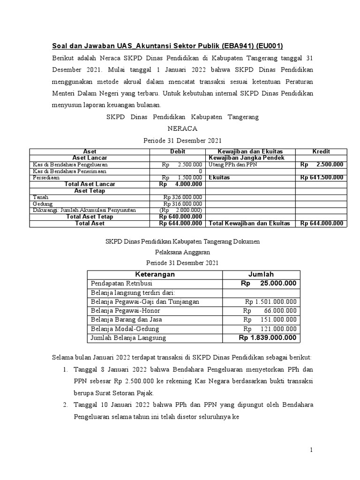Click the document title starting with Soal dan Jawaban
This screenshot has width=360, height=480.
tap(167, 46)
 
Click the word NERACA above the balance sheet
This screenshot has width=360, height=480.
tap(180, 128)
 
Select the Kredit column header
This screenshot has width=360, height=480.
tap(321, 151)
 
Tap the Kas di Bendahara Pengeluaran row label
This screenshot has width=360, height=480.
tap(70, 165)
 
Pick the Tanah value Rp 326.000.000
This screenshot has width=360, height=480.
tap(183, 197)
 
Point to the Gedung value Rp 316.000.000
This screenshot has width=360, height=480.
tap(183, 204)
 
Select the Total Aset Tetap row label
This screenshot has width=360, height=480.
tap(90, 217)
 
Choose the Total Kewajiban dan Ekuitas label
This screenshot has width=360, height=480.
tap(249, 224)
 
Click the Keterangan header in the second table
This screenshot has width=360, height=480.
tap(155, 274)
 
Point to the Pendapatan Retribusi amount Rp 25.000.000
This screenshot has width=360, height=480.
tap(269, 284)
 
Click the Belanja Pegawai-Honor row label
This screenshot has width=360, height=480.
tap(126, 311)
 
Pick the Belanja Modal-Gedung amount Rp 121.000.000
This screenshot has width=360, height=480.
tap(270, 329)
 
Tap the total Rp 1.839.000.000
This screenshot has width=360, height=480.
tap(268, 338)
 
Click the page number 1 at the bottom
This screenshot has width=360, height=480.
tap(310, 450)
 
